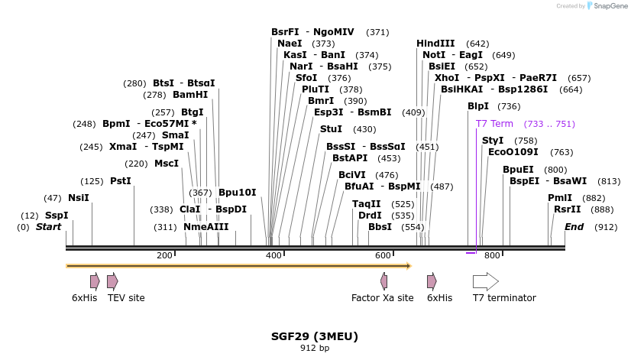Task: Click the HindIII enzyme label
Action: (x=435, y=44)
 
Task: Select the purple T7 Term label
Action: (x=494, y=124)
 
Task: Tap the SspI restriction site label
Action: (x=57, y=216)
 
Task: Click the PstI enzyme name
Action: (x=121, y=181)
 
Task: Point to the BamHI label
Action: (x=190, y=95)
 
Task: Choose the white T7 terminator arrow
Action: (x=485, y=281)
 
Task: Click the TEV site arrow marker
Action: (x=112, y=281)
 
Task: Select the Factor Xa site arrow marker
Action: (x=383, y=281)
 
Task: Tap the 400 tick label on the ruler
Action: (x=273, y=255)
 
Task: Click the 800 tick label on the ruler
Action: (x=492, y=255)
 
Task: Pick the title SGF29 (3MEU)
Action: (x=315, y=336)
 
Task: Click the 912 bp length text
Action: (x=315, y=349)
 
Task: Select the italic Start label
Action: (x=48, y=227)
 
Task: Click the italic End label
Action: (x=574, y=227)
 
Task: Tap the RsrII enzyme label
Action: (x=568, y=209)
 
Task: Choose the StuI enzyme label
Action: (x=331, y=129)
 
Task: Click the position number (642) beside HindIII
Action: (x=477, y=44)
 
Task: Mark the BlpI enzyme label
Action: (x=478, y=106)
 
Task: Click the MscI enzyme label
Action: (x=167, y=164)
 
